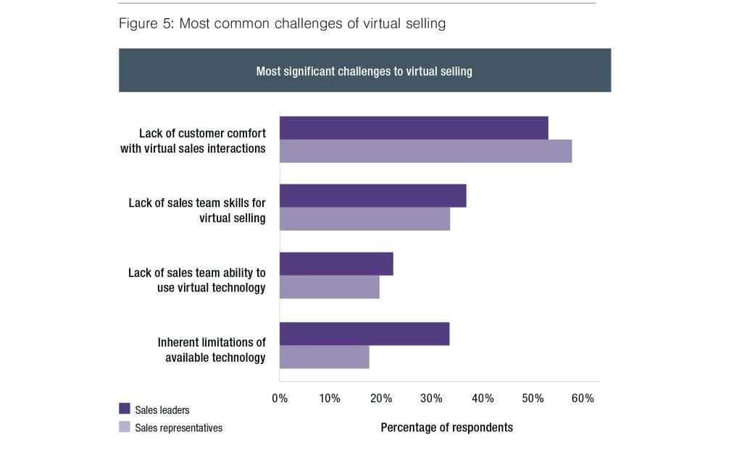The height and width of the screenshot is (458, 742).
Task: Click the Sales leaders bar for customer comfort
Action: (x=414, y=128)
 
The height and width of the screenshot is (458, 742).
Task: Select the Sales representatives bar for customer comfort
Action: (x=425, y=151)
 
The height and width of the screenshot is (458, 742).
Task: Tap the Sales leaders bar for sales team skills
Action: (x=372, y=196)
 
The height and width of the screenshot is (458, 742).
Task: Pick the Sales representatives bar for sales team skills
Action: (x=364, y=219)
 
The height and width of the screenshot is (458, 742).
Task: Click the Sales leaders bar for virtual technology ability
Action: (x=336, y=264)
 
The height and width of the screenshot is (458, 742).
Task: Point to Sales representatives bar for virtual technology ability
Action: (x=329, y=287)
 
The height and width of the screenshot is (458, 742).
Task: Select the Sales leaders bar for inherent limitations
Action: (x=364, y=334)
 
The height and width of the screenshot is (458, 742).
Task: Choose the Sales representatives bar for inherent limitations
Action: (x=324, y=357)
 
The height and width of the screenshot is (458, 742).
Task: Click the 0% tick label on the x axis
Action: (x=280, y=399)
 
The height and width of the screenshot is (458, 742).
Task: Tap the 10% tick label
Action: (x=330, y=399)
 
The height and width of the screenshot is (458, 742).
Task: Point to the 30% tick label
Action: (x=431, y=399)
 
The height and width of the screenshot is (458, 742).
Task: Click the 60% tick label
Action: (x=583, y=399)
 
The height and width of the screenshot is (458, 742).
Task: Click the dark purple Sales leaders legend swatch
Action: (x=124, y=410)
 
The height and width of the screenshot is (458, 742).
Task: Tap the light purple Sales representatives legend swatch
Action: (x=124, y=428)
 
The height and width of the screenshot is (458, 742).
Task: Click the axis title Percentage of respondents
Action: (x=446, y=428)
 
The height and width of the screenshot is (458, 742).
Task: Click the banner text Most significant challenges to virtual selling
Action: (x=364, y=71)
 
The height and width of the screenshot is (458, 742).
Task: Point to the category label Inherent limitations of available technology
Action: (x=212, y=349)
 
